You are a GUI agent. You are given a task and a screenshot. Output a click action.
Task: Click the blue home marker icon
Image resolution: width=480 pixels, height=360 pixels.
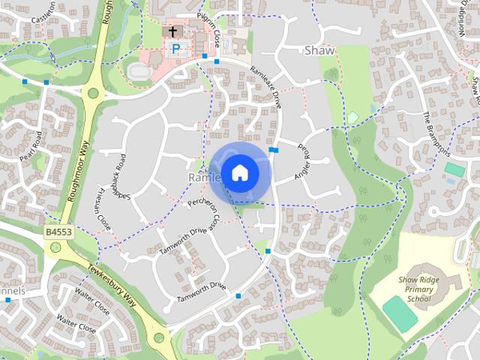[239, 173]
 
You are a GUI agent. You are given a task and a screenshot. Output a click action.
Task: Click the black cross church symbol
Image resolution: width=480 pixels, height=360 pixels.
[173, 31]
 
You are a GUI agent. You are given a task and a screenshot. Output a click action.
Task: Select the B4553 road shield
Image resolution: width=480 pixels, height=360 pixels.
[58, 233]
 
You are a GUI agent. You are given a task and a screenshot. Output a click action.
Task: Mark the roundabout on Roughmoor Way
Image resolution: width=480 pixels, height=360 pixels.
[93, 94]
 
